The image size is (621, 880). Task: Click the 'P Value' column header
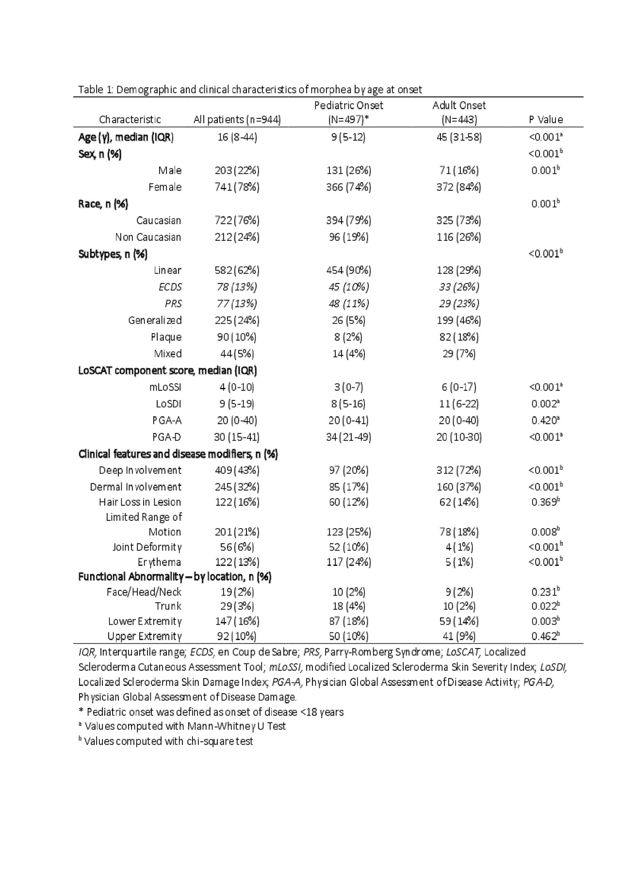coord(546,119)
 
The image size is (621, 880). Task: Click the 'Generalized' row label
coord(155,320)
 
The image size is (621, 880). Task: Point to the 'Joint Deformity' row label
coord(147,547)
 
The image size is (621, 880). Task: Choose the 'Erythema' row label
coord(159,562)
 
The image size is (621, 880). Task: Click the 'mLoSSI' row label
coord(165,387)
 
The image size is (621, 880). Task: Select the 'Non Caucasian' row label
coord(148,237)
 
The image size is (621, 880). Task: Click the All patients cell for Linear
coord(237,270)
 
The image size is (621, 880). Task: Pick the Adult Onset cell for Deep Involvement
coord(459,470)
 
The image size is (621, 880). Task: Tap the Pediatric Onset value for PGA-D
coord(348,437)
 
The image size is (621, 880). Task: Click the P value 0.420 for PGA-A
coord(546,420)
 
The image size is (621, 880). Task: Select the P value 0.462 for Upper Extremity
coord(546,636)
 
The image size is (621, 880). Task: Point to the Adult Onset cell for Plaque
coord(459,337)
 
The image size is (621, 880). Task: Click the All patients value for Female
coord(237,187)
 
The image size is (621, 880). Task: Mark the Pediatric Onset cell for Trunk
coord(348,606)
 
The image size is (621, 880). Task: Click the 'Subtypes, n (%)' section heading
coord(113,254)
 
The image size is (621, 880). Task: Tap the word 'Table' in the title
coord(90,90)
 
